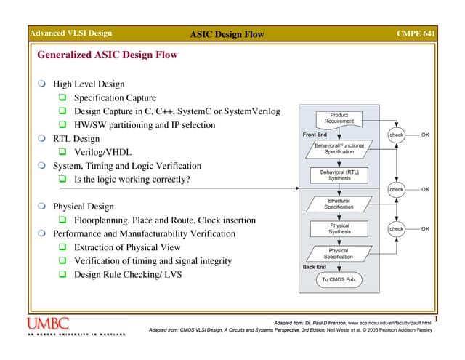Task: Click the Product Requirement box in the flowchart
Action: [339, 118]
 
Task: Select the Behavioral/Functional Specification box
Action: [339, 148]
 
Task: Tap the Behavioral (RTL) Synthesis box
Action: [339, 175]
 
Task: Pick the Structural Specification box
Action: [339, 204]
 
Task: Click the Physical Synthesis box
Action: [339, 229]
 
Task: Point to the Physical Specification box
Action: [339, 253]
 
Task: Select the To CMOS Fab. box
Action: [339, 279]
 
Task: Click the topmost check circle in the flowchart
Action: [396, 135]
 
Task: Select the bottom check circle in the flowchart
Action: [396, 229]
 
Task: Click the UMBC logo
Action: [49, 324]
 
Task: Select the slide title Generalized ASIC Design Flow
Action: [107, 55]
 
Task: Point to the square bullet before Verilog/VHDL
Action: [63, 152]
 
